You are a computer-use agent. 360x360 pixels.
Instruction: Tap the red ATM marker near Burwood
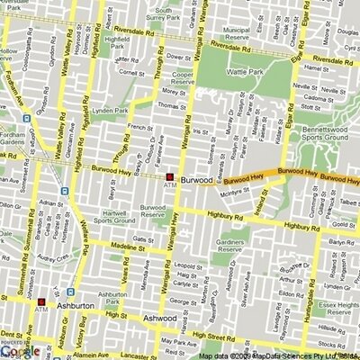[x=170, y=175]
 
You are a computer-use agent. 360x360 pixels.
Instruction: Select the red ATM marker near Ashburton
[x=40, y=300]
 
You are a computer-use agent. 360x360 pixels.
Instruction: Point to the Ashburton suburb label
[x=74, y=307]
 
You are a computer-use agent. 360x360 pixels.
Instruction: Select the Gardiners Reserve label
[x=237, y=248]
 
